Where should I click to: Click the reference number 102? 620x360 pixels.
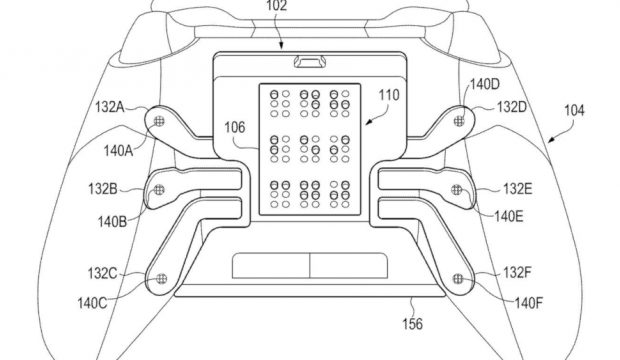pyautogui.click(x=276, y=6)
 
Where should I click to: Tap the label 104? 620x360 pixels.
pyautogui.click(x=574, y=110)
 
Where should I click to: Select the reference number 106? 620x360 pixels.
pyautogui.click(x=235, y=127)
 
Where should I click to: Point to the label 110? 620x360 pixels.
pyautogui.click(x=389, y=95)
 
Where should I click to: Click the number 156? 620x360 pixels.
pyautogui.click(x=412, y=324)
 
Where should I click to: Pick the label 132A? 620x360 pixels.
pyautogui.click(x=110, y=107)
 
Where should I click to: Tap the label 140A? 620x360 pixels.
pyautogui.click(x=118, y=150)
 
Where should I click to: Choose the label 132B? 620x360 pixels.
pyautogui.click(x=103, y=189)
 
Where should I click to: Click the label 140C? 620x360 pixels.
pyautogui.click(x=92, y=303)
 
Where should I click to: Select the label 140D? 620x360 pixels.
pyautogui.click(x=485, y=84)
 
